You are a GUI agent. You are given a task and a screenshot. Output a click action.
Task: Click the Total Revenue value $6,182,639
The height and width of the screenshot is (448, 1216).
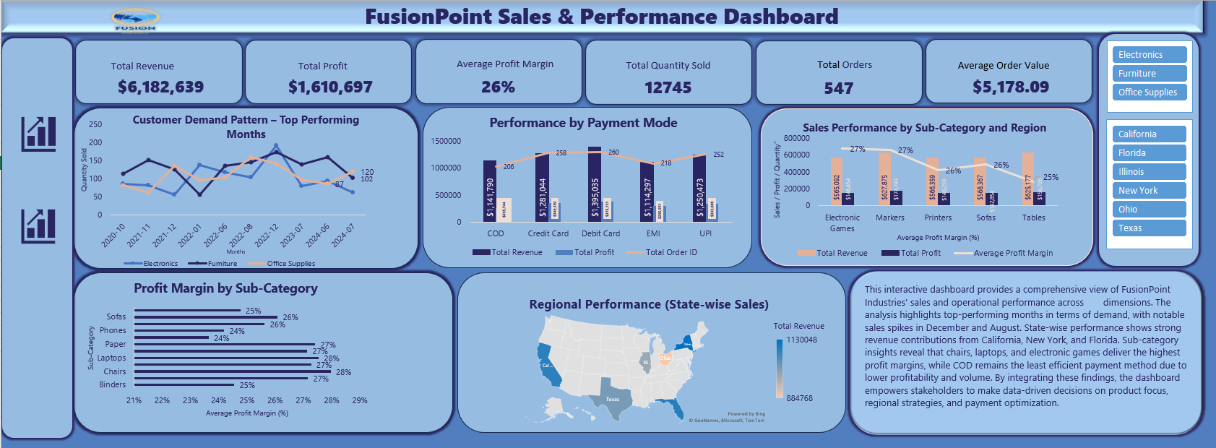[x=160, y=87]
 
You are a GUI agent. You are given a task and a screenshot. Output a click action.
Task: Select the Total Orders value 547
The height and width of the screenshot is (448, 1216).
[x=838, y=88]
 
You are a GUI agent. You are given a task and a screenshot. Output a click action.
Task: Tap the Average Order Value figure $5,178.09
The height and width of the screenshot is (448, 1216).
[x=1010, y=87]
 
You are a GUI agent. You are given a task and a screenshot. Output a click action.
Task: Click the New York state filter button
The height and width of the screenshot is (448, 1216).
[x=1149, y=191]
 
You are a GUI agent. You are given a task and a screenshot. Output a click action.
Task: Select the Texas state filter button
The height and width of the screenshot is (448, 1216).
[x=1149, y=228]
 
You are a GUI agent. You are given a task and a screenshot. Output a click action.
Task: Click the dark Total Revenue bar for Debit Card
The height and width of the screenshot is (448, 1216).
[x=594, y=184]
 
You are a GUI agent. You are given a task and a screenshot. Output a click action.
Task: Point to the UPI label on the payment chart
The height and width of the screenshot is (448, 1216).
[x=705, y=233]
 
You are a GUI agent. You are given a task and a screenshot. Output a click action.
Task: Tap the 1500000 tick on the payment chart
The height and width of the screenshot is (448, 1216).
[x=446, y=141]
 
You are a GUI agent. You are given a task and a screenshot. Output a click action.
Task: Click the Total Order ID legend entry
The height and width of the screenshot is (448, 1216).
[x=671, y=252]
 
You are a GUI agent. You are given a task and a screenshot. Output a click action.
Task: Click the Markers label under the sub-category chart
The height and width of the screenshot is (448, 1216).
[x=890, y=217]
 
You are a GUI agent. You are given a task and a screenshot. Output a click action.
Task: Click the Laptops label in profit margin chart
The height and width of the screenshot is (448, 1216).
[x=111, y=358]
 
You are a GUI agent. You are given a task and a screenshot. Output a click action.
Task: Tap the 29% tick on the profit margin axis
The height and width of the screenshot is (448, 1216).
[x=359, y=400]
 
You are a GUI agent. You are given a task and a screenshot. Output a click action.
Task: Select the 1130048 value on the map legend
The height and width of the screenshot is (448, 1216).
[x=801, y=340]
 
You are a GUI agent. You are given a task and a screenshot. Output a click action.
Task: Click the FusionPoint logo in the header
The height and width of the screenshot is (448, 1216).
[x=135, y=20]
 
